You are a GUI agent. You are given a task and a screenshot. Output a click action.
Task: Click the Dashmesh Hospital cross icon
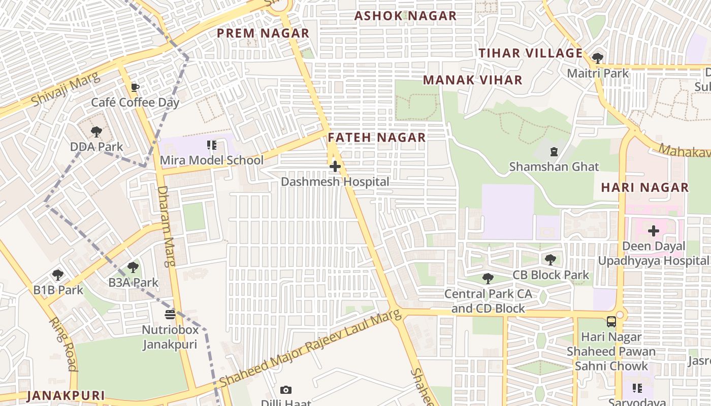click(335, 166)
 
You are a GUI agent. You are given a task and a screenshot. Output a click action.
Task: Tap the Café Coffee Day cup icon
click(135, 87)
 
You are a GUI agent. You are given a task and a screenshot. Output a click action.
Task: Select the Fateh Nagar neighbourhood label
click(376, 138)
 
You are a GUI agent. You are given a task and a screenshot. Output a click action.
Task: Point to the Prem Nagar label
click(263, 33)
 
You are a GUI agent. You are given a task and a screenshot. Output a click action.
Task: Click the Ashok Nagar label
click(405, 16)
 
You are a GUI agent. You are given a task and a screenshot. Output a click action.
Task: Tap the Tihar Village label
click(531, 53)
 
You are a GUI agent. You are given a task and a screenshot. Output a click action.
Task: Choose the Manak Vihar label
click(472, 80)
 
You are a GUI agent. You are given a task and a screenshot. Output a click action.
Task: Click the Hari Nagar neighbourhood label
click(644, 187)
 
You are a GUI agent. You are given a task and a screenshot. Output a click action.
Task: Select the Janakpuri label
click(66, 395)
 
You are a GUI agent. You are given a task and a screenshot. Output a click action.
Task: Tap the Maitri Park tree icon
click(598, 58)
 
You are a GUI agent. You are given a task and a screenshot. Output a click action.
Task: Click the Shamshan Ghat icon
click(554, 151)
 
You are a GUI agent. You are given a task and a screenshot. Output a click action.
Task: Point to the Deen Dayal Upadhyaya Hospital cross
click(653, 231)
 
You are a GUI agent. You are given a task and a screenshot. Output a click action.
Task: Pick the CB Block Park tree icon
click(550, 260)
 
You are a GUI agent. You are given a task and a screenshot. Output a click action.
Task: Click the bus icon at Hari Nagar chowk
click(611, 322)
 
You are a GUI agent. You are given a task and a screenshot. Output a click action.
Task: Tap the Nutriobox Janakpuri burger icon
click(170, 315)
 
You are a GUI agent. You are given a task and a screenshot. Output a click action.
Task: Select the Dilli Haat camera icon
click(286, 390)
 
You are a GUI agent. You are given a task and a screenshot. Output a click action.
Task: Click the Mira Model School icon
click(212, 146)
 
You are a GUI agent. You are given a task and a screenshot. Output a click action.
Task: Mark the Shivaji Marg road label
click(58, 90)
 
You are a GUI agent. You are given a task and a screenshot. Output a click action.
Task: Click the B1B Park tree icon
click(58, 275)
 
